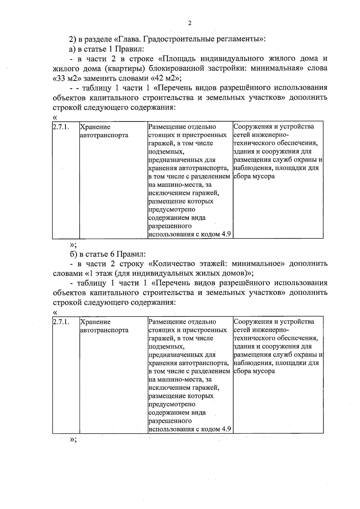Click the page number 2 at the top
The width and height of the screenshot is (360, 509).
coord(189,24)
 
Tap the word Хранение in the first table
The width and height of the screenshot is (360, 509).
coord(95,127)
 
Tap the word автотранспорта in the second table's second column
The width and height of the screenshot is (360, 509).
coord(104,330)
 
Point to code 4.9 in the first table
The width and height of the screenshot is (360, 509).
coord(226,234)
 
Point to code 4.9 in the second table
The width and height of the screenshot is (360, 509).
coord(226,429)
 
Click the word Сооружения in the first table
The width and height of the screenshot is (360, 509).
coord(253,127)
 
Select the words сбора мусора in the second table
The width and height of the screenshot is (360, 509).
coord(254,371)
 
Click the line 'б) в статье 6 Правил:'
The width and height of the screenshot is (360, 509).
coord(107,254)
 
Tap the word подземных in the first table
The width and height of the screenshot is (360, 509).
coord(166,152)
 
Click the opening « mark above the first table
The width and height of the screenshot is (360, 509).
coord(55,117)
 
